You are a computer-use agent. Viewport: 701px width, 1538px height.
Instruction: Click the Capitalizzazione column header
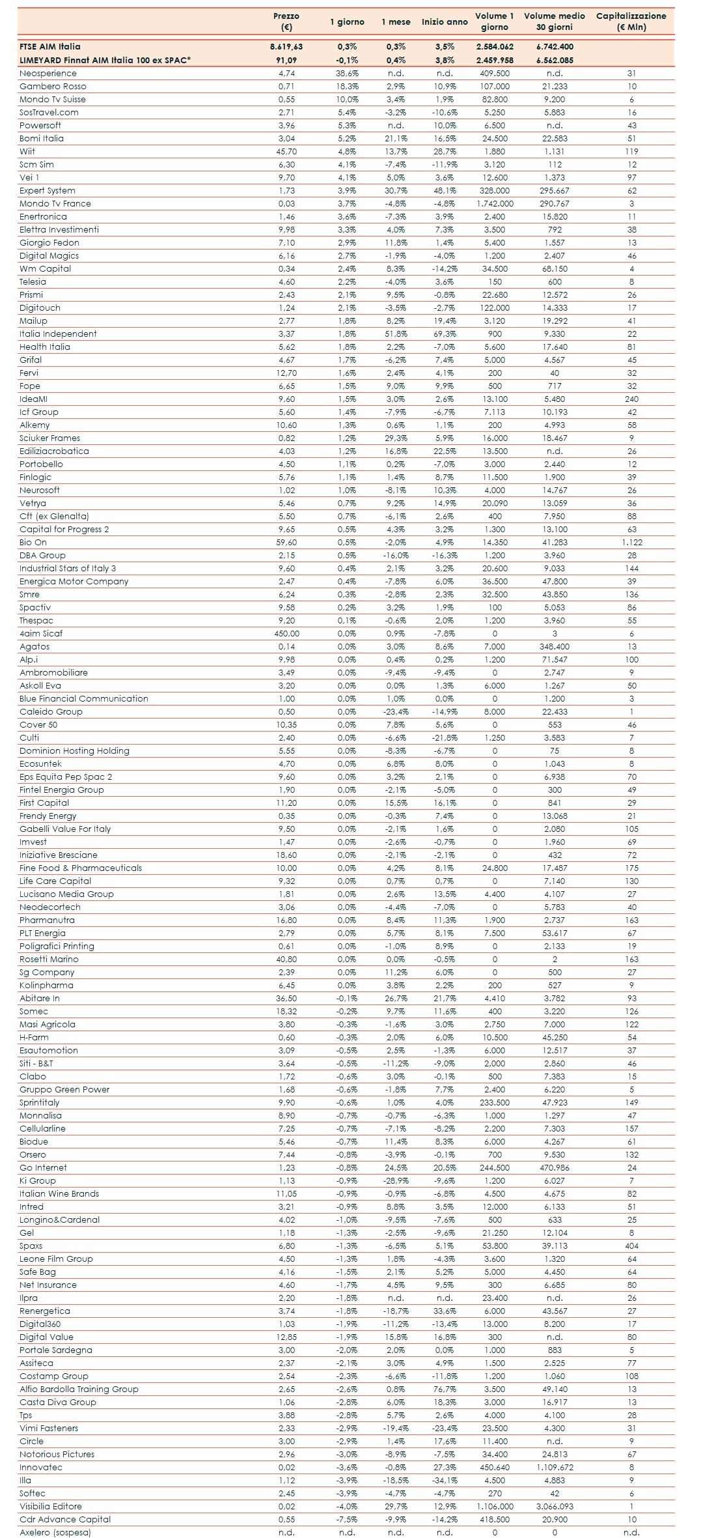(x=631, y=21)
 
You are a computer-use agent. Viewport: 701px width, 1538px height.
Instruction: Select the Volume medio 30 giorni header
(x=554, y=21)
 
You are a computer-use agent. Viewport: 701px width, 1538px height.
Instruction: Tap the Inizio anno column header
(x=445, y=21)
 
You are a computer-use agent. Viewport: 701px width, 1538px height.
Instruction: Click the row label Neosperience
(x=48, y=74)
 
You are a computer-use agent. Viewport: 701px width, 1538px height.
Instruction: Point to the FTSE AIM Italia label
(x=50, y=47)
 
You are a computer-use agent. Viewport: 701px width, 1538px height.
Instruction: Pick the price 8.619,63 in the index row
(x=286, y=47)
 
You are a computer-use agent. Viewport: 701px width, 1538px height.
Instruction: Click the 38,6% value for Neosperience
(x=347, y=74)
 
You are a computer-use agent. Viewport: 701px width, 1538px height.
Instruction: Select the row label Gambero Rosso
(x=53, y=87)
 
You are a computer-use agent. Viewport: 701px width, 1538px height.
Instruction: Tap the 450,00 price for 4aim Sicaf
(x=286, y=634)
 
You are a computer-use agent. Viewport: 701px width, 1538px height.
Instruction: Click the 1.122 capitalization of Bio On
(x=631, y=543)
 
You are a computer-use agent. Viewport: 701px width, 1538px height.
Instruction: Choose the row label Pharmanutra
(x=47, y=920)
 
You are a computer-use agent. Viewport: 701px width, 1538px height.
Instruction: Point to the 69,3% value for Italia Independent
(x=445, y=334)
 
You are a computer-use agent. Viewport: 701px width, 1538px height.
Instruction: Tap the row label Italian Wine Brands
(x=59, y=1194)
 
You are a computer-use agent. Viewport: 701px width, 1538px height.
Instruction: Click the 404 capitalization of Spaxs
(x=631, y=1246)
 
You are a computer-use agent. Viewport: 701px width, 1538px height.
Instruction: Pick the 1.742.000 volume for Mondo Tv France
(x=495, y=204)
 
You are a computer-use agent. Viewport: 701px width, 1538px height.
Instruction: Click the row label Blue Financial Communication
(x=84, y=699)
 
